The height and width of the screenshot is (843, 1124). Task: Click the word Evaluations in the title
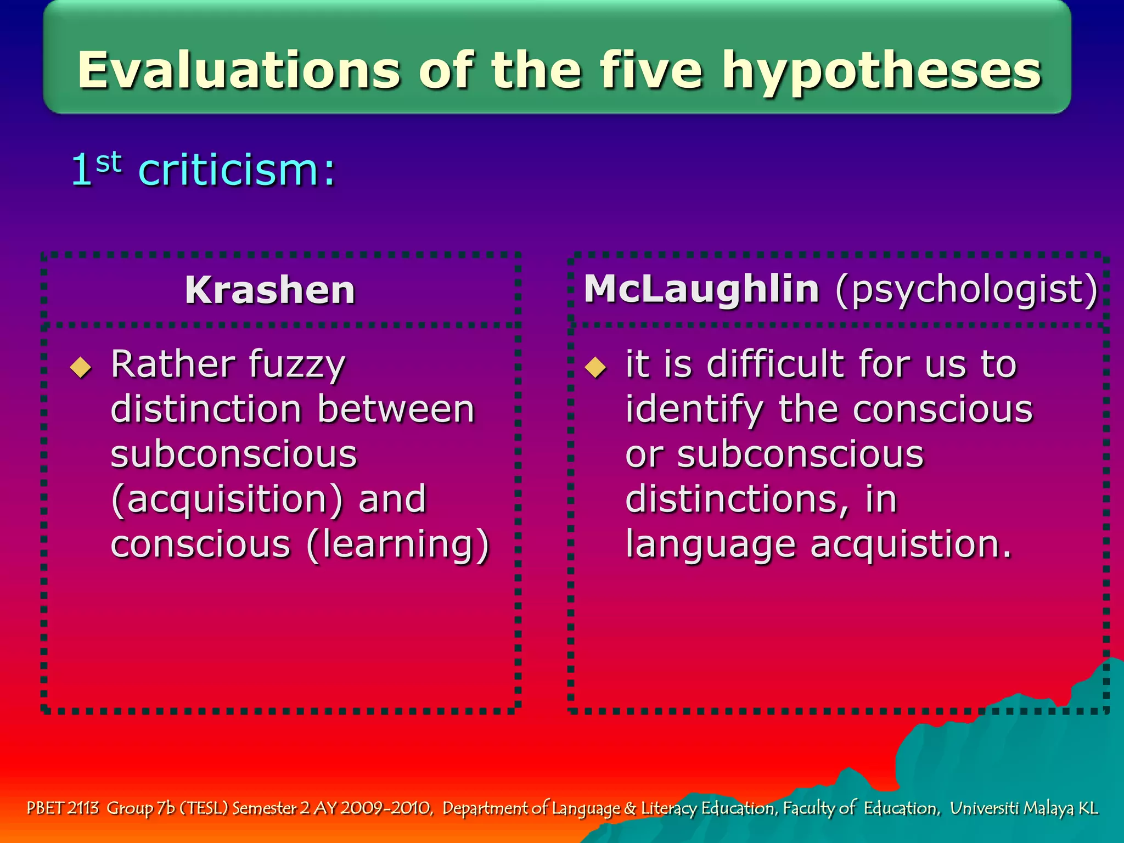[x=238, y=70]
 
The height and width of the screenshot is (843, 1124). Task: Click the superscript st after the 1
[x=108, y=162]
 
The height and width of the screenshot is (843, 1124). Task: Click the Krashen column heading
[x=270, y=290]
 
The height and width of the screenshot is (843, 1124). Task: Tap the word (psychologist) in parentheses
[x=966, y=289]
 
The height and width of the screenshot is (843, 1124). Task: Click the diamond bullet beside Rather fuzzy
[x=81, y=367]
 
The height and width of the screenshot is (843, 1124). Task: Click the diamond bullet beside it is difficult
[x=595, y=367]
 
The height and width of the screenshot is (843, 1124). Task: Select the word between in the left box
[x=396, y=409]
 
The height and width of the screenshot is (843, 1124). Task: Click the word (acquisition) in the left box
[x=227, y=499]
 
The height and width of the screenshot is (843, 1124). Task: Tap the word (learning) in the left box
[x=397, y=544]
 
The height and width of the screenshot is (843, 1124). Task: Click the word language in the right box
[x=710, y=546]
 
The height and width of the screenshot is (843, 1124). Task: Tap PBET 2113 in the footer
[x=63, y=808]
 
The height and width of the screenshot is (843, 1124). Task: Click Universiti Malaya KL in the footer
[x=1024, y=808]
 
